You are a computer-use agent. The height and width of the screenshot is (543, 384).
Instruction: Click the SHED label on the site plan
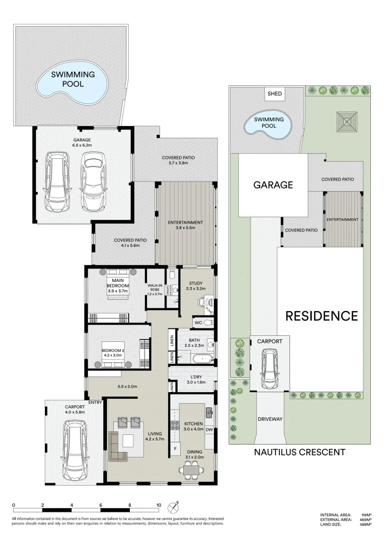(x=275, y=94)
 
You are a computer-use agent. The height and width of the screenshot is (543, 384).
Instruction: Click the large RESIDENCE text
(x=322, y=316)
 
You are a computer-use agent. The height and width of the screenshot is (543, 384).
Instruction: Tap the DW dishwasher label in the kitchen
(x=209, y=430)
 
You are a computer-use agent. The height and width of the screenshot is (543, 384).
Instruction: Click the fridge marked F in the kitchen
(x=175, y=448)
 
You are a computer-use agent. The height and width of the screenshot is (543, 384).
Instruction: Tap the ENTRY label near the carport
(x=96, y=402)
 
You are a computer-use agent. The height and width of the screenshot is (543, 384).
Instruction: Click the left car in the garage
(x=56, y=182)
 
